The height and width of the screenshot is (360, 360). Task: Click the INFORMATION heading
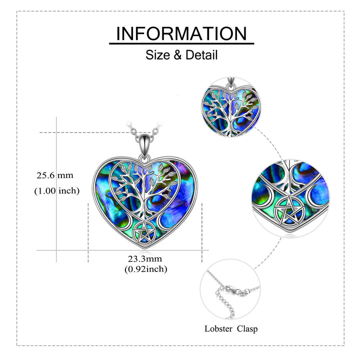[181, 33]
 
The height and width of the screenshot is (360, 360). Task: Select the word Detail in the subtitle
[201, 55]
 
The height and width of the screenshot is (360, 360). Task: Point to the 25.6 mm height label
[55, 175]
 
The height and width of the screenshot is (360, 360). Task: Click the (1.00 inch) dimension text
[56, 191]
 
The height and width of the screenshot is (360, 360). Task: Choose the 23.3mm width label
[145, 259]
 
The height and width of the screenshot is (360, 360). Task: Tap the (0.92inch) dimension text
[146, 269]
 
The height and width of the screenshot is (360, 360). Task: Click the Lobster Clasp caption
[231, 329]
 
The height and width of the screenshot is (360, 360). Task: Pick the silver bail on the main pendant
[144, 144]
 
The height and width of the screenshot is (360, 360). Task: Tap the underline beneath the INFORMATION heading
[181, 43]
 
